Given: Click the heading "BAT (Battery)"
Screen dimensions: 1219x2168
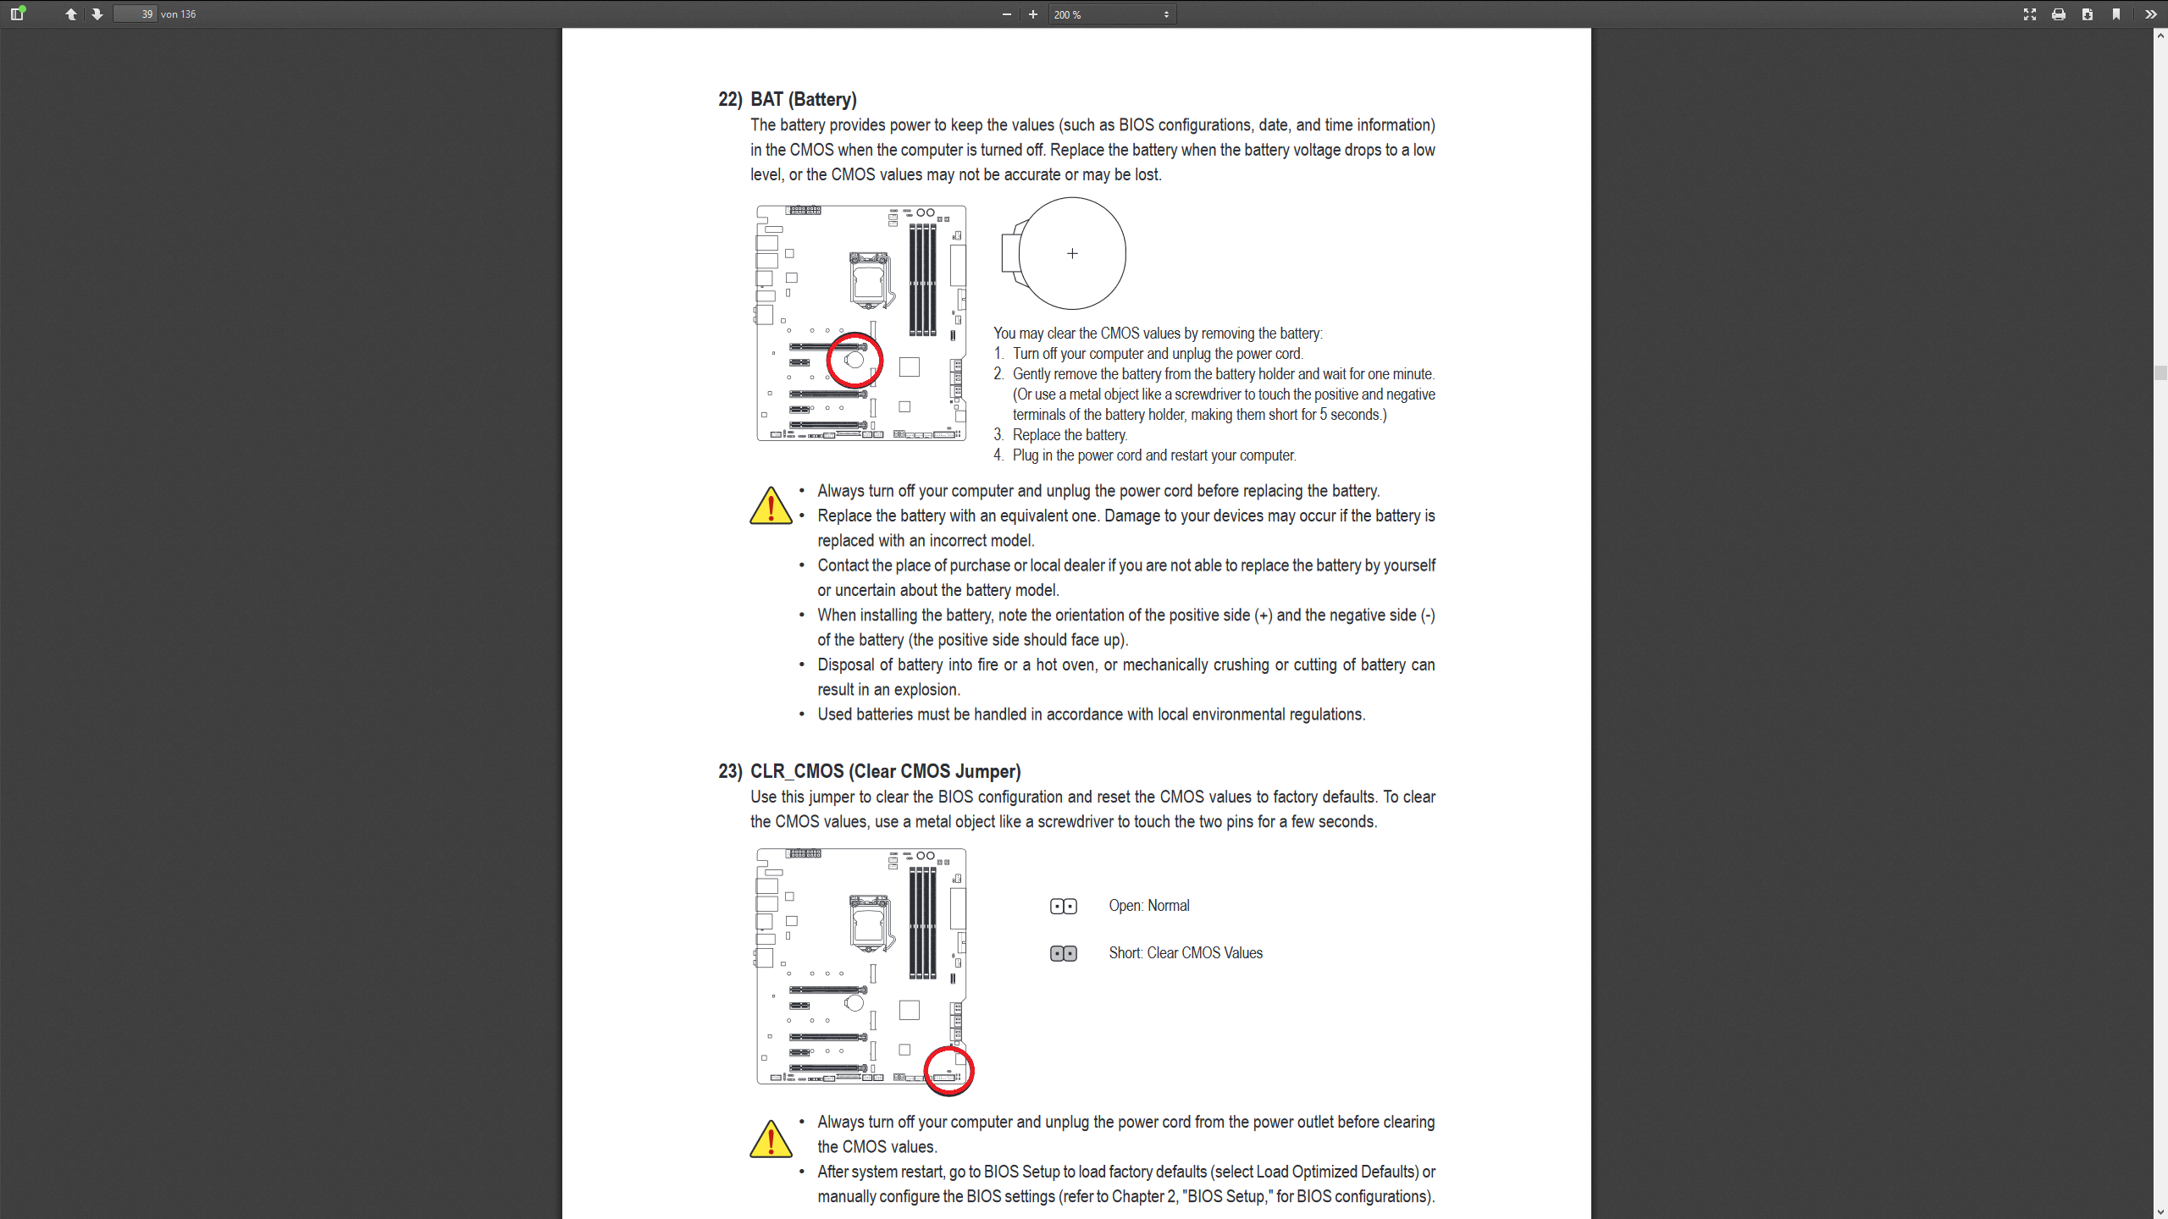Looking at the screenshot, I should coord(803,99).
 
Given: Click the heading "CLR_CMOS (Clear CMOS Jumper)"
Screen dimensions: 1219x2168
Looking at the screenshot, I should coord(885,771).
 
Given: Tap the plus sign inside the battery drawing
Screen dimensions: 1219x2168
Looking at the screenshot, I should coord(1072,254).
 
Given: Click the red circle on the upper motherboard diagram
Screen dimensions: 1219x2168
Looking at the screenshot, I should coord(854,360).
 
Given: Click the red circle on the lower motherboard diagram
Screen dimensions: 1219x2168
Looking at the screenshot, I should coord(948,1071).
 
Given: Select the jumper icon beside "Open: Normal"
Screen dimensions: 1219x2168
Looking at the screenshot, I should coord(1063,907).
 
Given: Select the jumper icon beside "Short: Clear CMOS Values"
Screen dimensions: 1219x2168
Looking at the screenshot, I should coord(1063,954).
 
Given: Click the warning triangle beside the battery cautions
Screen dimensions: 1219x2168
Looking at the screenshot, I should coord(771,506).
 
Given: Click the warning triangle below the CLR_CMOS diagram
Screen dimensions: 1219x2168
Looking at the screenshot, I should coord(771,1139).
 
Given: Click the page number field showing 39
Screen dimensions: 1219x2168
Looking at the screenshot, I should coord(135,14).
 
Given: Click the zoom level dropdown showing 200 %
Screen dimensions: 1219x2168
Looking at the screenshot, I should coord(1111,14).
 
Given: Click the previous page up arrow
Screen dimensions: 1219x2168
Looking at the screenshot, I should coord(71,14).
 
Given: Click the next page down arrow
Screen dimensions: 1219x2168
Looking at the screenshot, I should coord(97,14).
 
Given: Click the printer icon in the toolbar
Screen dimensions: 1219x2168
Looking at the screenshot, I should coord(2059,14).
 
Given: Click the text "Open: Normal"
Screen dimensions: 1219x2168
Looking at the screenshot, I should coord(1148,906).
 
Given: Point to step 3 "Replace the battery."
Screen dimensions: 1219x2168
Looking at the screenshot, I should coord(1069,435).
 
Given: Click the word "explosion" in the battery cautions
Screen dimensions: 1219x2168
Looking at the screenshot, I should coord(926,690).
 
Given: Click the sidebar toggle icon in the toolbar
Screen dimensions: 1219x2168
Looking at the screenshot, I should coord(17,14).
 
